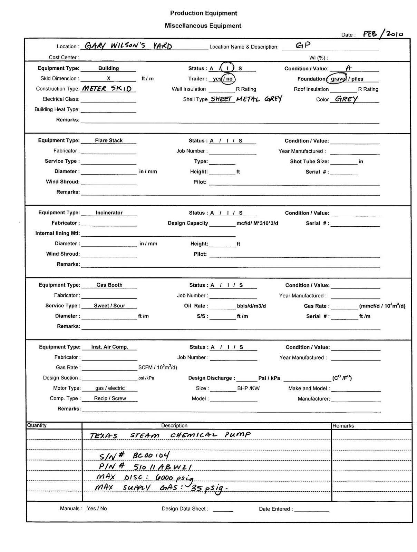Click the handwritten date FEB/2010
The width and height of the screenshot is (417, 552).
click(x=383, y=34)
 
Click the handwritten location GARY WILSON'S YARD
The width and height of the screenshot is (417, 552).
click(x=128, y=46)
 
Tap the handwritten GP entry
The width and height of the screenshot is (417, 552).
click(x=303, y=45)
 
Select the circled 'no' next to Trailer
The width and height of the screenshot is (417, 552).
click(x=229, y=79)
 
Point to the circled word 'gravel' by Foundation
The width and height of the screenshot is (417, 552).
click(x=338, y=79)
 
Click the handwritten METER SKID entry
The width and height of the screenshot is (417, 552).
click(x=107, y=88)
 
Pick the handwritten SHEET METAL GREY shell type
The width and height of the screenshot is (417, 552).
click(x=246, y=99)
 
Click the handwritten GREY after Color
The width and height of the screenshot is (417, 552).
click(x=347, y=99)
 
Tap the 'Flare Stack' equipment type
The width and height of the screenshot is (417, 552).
click(x=109, y=140)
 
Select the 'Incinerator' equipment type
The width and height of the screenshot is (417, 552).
click(x=109, y=213)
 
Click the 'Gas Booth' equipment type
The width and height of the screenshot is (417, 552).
click(x=109, y=285)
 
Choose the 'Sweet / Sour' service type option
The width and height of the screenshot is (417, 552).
click(x=109, y=306)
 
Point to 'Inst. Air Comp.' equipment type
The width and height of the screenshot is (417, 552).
click(x=110, y=347)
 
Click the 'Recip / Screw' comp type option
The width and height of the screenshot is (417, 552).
click(x=110, y=398)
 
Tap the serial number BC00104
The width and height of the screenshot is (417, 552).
click(x=151, y=455)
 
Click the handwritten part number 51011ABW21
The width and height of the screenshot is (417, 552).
click(x=163, y=467)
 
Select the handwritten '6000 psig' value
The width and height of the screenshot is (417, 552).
click(x=174, y=478)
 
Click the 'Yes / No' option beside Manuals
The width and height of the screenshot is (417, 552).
click(x=97, y=509)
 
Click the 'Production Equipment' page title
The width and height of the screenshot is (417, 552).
click(x=204, y=13)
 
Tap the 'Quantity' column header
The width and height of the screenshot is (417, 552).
click(x=37, y=425)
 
